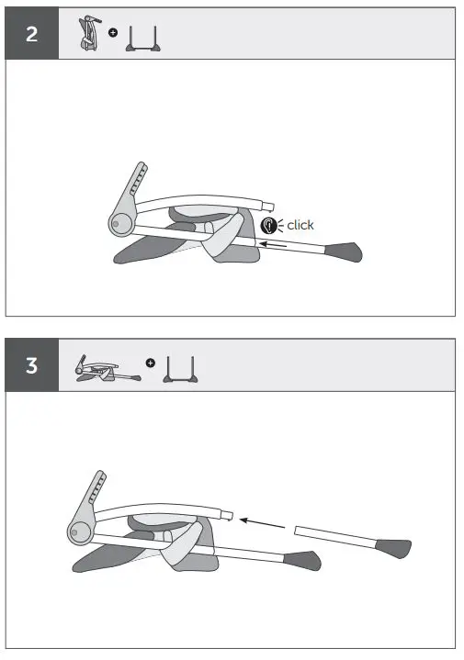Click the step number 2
pyautogui.click(x=32, y=35)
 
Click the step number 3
pyautogui.click(x=32, y=365)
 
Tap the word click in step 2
pyautogui.click(x=300, y=224)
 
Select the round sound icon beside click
pyautogui.click(x=269, y=224)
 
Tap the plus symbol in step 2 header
pyautogui.click(x=113, y=33)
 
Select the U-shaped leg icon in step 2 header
pyautogui.click(x=145, y=37)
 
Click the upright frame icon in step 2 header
pyautogui.click(x=88, y=34)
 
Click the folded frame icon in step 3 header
pyautogui.click(x=103, y=367)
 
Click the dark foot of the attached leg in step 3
pyautogui.click(x=303, y=557)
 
